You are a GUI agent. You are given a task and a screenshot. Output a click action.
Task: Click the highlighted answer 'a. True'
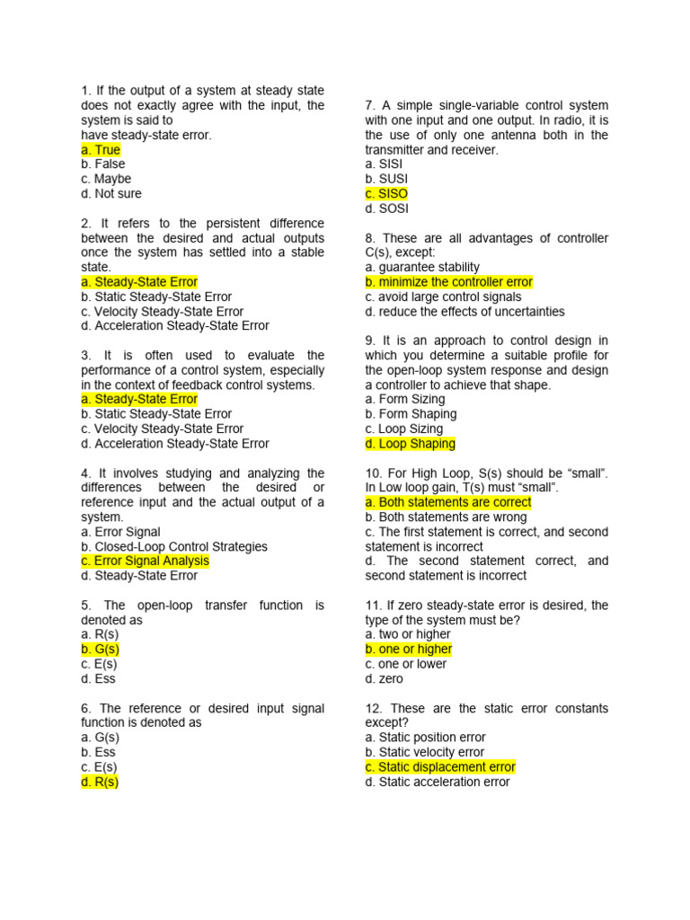click(x=101, y=150)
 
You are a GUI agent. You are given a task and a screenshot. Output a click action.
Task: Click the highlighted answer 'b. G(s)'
click(x=100, y=650)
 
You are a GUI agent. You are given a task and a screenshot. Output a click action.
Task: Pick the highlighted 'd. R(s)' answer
click(x=100, y=782)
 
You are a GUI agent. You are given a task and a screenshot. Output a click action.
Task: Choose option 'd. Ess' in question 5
click(x=98, y=679)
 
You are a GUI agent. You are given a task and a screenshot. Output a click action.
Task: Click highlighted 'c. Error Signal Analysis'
click(x=145, y=562)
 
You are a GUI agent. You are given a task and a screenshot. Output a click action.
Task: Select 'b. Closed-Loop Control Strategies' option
click(x=174, y=546)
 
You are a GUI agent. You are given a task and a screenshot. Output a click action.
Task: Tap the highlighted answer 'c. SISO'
click(x=386, y=194)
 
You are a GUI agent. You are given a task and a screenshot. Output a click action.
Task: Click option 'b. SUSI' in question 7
click(x=386, y=179)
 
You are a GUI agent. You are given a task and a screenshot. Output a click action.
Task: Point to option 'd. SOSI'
click(x=386, y=208)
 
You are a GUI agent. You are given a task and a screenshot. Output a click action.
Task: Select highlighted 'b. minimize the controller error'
click(x=449, y=282)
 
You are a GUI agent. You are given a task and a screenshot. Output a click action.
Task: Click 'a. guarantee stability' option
click(x=422, y=267)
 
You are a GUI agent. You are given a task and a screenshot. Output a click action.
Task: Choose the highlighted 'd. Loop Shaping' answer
click(x=411, y=444)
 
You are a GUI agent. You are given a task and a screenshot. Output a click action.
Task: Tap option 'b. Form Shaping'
click(x=411, y=414)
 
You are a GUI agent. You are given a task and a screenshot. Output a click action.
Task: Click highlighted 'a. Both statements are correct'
click(x=448, y=502)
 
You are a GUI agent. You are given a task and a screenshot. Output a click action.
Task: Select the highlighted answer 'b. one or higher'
click(x=409, y=650)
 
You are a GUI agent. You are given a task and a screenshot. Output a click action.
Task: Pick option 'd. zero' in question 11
click(x=385, y=679)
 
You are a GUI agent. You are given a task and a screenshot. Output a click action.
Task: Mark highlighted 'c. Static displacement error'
click(x=440, y=767)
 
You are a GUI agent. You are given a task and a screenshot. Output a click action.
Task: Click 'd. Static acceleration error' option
click(x=438, y=783)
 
